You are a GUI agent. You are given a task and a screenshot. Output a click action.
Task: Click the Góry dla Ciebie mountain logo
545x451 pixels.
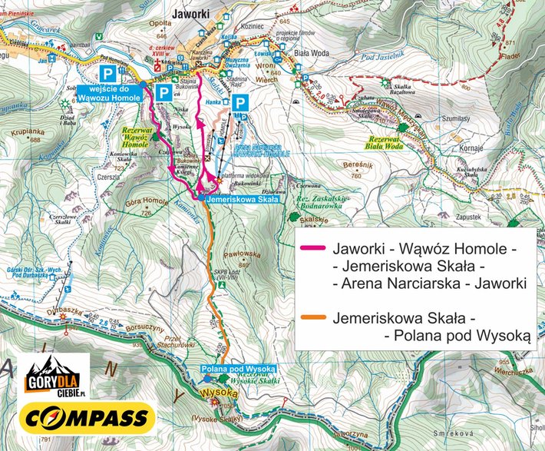point(53,375)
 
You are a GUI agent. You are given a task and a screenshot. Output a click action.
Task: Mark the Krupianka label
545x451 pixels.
point(25,132)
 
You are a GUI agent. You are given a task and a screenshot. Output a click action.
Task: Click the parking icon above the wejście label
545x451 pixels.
point(110,73)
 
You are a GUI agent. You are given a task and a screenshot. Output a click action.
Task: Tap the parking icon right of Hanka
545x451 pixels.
point(240,102)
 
